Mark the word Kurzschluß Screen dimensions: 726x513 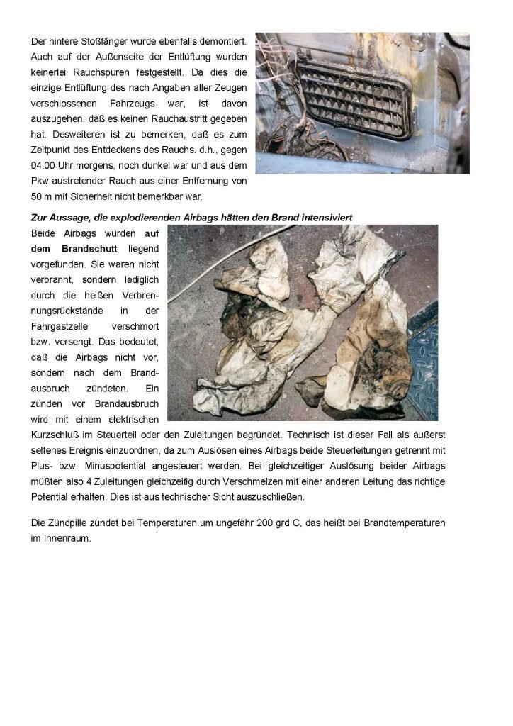[62, 432]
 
